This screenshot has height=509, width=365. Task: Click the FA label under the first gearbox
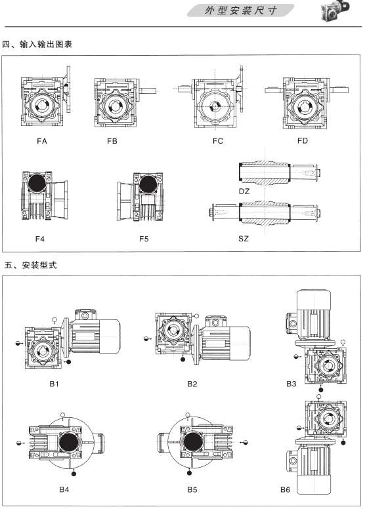tap(42, 141)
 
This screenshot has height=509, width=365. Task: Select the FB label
tap(112, 141)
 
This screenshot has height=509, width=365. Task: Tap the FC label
tap(218, 141)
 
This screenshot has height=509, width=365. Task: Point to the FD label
tap(303, 141)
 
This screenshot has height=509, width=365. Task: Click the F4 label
tap(40, 239)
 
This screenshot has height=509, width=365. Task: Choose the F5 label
tap(144, 239)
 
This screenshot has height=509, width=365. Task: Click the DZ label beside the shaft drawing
tap(244, 192)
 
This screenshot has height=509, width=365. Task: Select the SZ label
tap(244, 239)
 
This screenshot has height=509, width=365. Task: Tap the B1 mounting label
tap(54, 384)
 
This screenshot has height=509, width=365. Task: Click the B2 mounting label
tap(192, 384)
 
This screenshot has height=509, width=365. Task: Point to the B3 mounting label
tap(291, 384)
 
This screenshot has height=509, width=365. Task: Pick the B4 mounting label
tap(64, 489)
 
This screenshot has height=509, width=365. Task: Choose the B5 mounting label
tap(192, 489)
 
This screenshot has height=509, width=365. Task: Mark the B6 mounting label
tap(285, 489)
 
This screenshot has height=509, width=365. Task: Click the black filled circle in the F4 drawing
tap(37, 183)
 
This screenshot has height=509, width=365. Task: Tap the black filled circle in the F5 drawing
tap(148, 184)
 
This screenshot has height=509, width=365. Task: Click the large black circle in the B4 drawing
tap(69, 442)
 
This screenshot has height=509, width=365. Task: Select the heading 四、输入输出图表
tap(37, 45)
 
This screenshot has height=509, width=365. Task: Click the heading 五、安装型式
tap(30, 265)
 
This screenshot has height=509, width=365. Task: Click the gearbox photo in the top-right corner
tap(335, 10)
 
